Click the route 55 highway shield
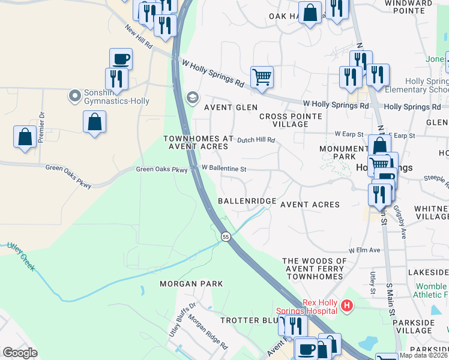click(225, 237)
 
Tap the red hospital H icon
click(346, 307)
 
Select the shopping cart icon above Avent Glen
click(262, 77)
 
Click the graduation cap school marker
click(192, 97)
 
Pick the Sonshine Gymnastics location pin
click(74, 95)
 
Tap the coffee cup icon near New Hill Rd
click(121, 59)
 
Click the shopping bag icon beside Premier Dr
click(25, 136)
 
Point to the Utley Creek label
click(20, 256)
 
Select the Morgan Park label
click(191, 284)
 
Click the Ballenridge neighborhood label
click(247, 201)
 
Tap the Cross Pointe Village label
click(290, 120)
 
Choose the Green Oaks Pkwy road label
click(161, 169)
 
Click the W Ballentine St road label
click(224, 168)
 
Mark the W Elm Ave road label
click(365, 250)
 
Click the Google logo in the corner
click(20, 353)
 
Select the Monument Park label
click(343, 153)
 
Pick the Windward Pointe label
click(408, 7)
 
